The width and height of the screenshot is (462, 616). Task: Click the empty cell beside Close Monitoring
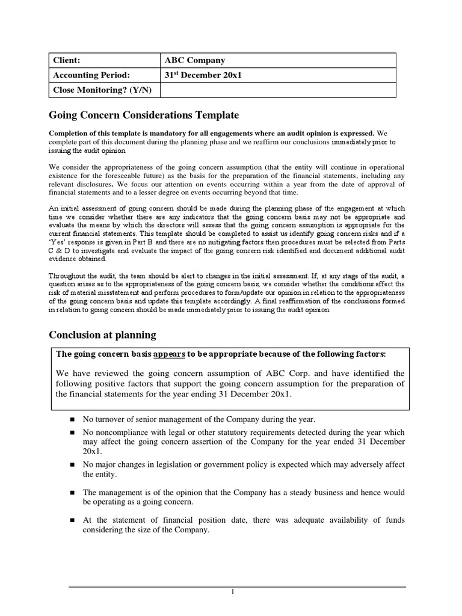(279, 90)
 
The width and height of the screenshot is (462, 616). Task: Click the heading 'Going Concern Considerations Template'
(143, 115)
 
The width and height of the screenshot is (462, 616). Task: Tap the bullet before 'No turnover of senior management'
(71, 419)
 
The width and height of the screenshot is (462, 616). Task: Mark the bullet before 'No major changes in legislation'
(71, 465)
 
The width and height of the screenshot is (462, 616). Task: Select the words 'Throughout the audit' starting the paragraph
(79, 276)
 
